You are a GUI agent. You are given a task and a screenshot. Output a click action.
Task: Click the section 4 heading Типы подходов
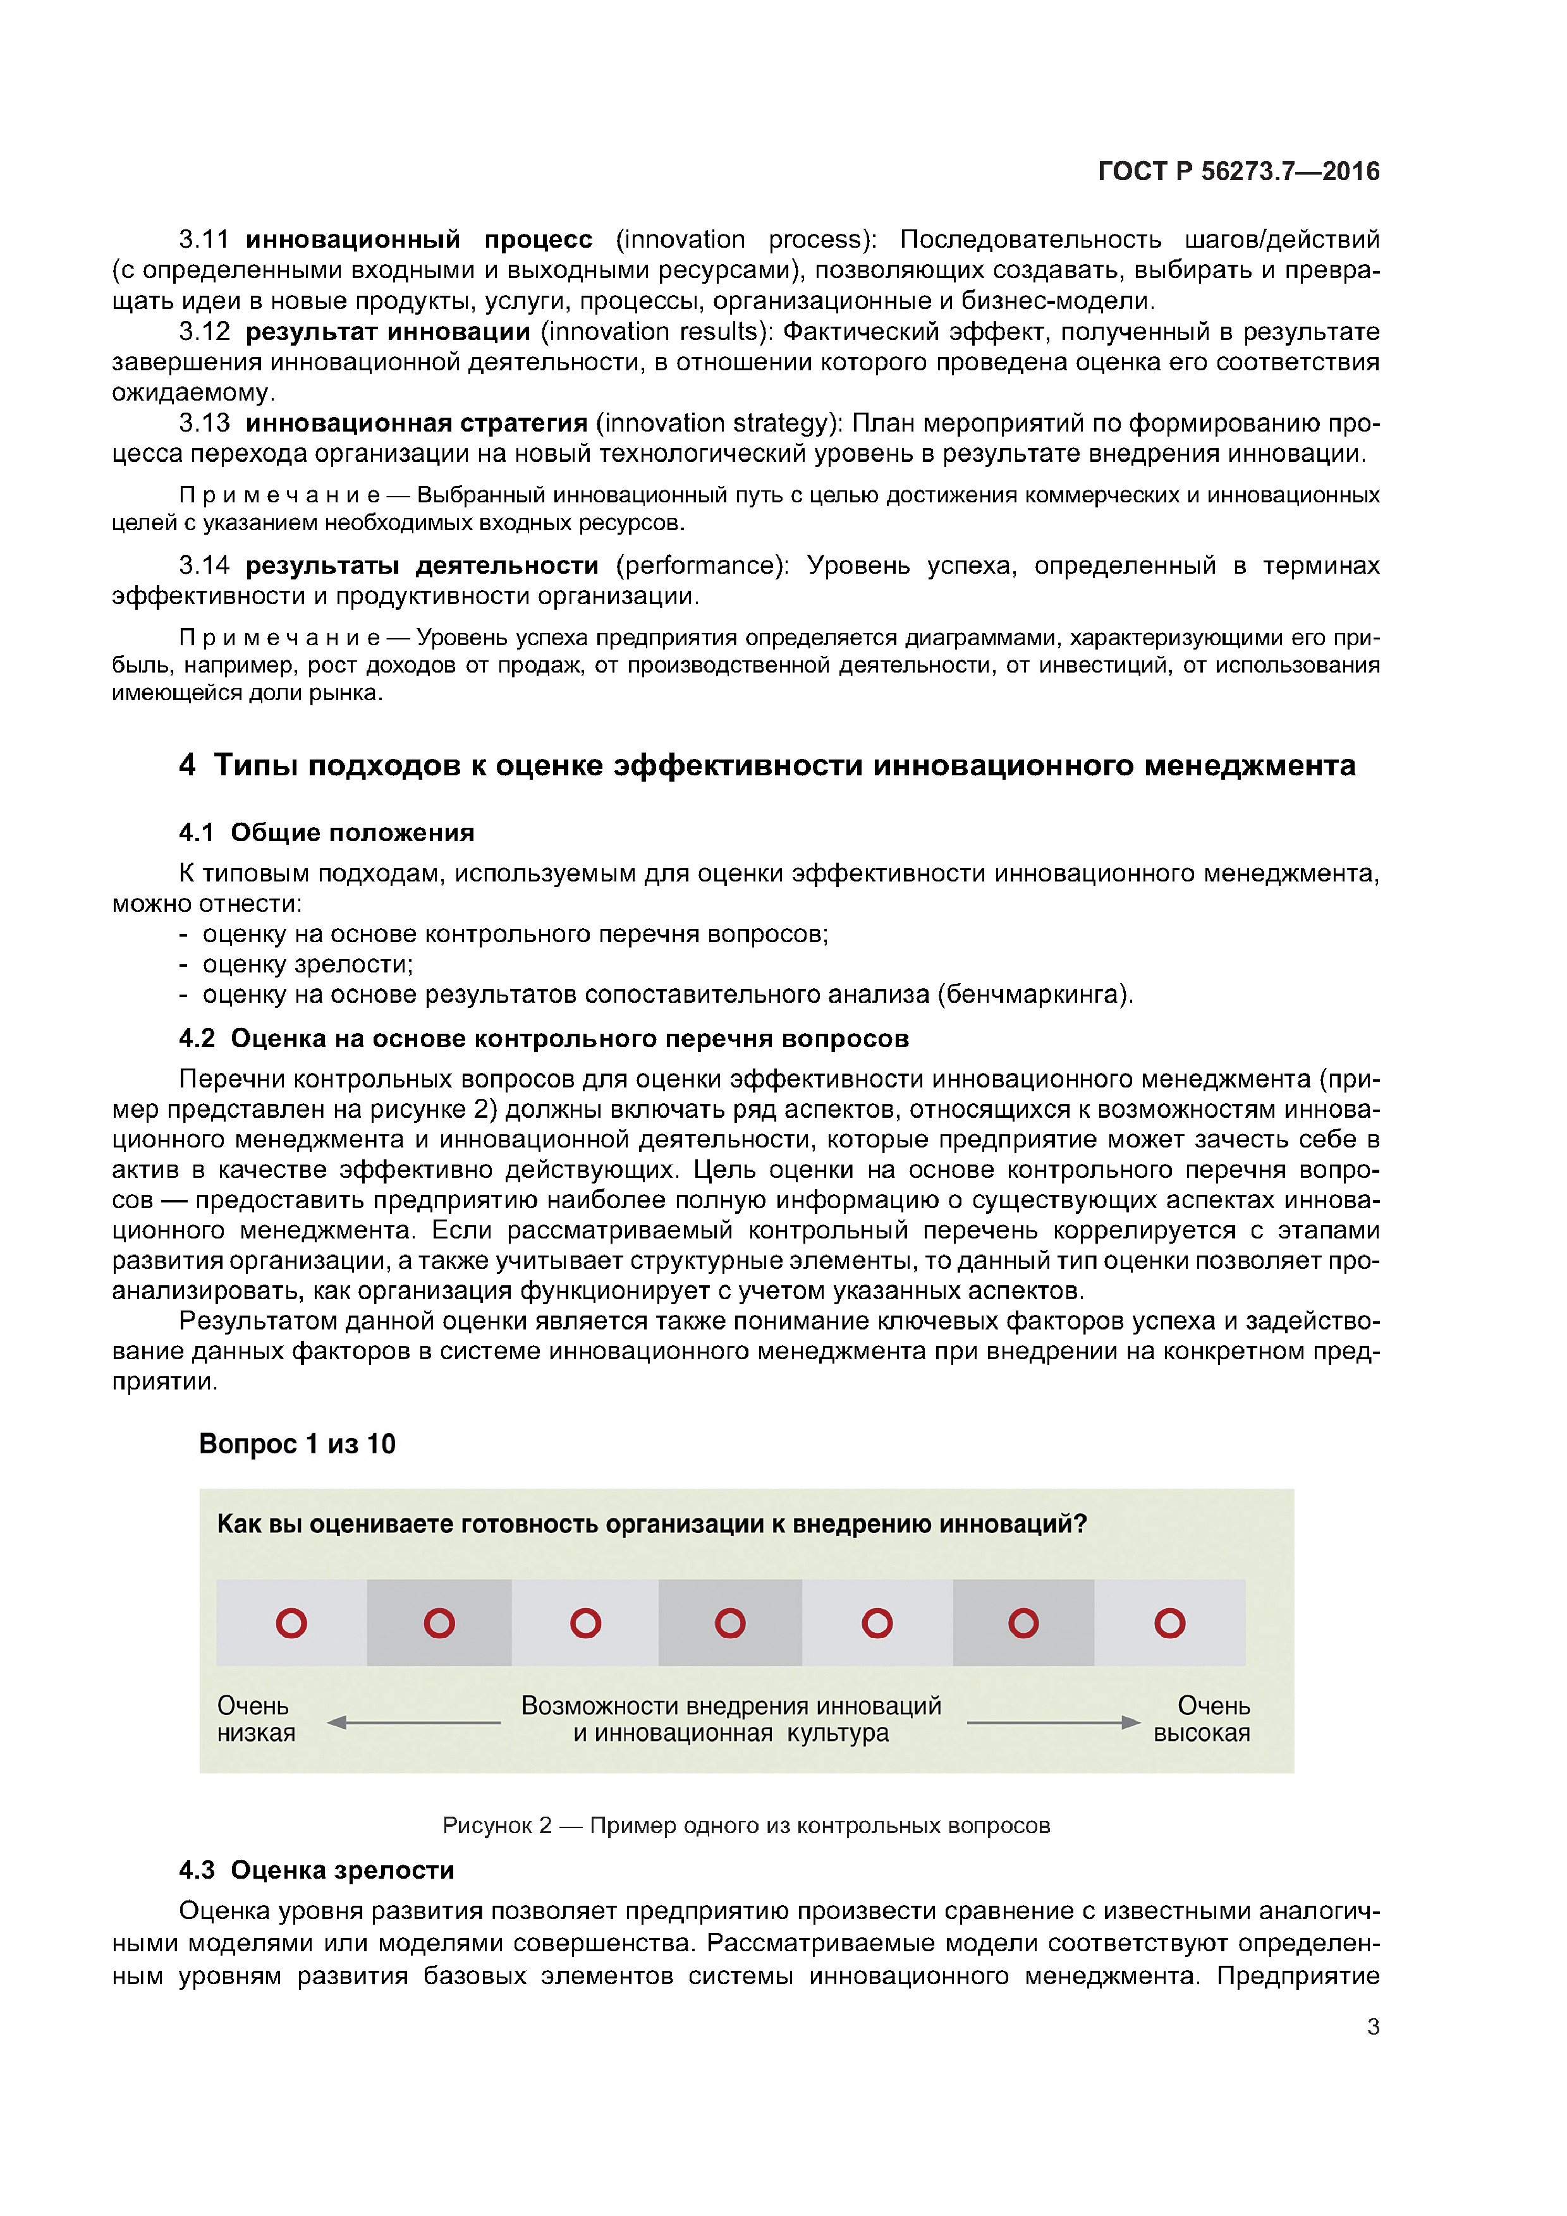point(767,765)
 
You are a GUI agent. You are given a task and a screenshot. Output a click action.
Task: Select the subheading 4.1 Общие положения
point(326,832)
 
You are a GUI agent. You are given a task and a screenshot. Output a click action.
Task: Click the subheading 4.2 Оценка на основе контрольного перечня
point(544,1039)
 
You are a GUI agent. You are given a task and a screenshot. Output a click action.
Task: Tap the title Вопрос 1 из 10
point(297,1444)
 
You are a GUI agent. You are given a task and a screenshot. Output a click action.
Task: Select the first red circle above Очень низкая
point(291,1623)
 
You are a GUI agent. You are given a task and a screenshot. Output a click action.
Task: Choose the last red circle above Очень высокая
point(1169,1623)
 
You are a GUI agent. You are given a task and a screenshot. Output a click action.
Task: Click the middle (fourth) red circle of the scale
point(730,1623)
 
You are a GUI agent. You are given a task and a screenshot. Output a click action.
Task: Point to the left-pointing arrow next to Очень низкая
point(413,1722)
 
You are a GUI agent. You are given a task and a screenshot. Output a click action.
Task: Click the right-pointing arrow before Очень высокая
point(1053,1722)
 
